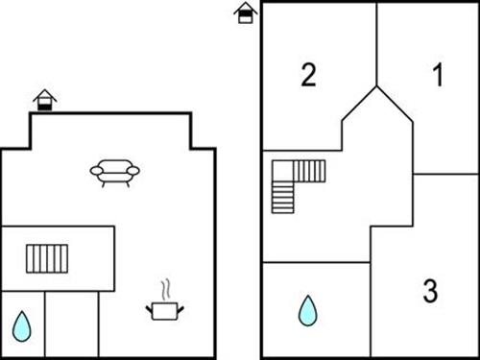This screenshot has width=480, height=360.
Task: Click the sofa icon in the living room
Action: pos(115,173)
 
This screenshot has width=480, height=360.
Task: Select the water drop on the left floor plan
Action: pos(21,326)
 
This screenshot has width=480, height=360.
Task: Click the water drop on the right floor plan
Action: pos(307,310)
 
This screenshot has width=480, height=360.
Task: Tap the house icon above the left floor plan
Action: pos(44,99)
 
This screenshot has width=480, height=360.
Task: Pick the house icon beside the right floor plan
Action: pos(247,12)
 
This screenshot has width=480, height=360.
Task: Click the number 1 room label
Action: pos(438,75)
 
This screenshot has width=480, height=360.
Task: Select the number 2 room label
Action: pos(308,75)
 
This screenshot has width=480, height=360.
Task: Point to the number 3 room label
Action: pos(430,290)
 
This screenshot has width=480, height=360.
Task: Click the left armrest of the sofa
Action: pos(96,171)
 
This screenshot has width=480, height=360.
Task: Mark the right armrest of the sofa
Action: pos(134,171)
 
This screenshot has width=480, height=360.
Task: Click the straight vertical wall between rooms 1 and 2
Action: pos(376,43)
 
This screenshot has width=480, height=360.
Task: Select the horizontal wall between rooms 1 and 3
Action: pos(445,174)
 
